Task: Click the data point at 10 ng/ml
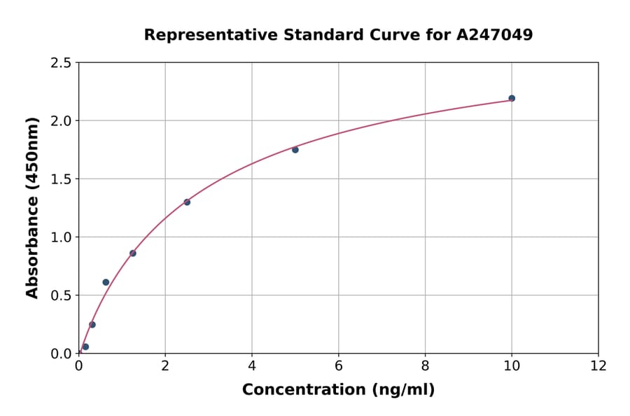pos(512,98)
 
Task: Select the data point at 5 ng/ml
pos(295,150)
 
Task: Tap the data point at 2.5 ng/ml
pos(187,202)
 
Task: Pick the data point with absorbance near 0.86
pos(133,254)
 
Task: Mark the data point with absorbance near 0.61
pos(106,282)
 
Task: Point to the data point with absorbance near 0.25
pos(92,325)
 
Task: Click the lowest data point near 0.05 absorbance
pos(85,347)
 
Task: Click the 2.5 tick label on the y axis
pos(60,63)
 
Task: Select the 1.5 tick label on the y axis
pos(60,179)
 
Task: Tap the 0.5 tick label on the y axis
pos(60,296)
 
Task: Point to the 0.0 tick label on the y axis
pos(60,354)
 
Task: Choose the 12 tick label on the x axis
pos(598,366)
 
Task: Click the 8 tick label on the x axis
pos(425,366)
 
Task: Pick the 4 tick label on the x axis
pos(252,366)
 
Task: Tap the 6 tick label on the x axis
pos(339,366)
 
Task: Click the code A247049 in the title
pos(495,35)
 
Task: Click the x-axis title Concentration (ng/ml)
pos(338,390)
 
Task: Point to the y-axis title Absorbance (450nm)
pos(32,208)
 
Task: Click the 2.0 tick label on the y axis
pos(60,121)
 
